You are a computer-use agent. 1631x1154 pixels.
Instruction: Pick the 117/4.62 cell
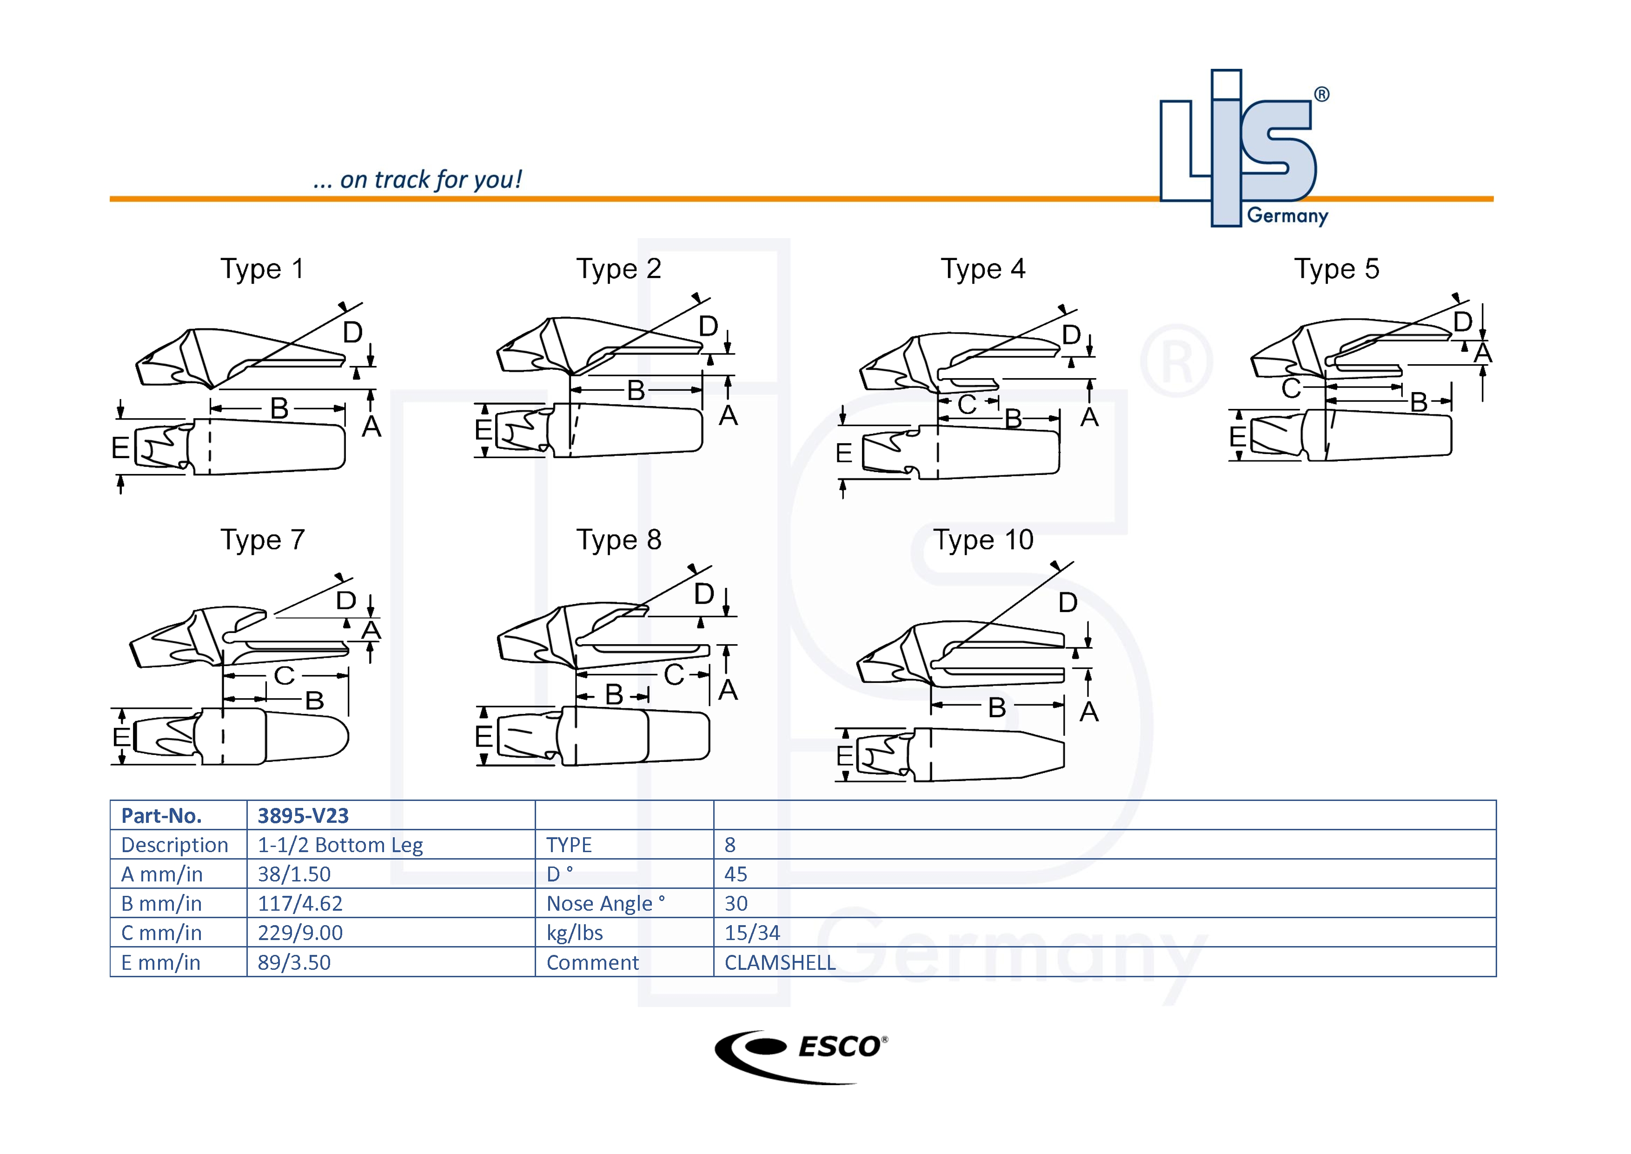click(x=300, y=903)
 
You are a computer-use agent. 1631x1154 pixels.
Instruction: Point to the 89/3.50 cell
click(x=294, y=962)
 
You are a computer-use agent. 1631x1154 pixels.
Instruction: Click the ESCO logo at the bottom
click(x=801, y=1056)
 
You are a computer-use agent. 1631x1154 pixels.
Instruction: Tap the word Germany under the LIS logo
click(x=1287, y=215)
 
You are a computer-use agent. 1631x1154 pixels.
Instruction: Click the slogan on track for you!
click(x=417, y=180)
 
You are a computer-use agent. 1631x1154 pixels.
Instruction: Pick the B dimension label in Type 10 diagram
click(x=997, y=707)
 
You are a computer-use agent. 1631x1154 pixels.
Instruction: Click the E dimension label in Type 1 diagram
click(x=120, y=447)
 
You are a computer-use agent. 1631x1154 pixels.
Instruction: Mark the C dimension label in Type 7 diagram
click(x=284, y=676)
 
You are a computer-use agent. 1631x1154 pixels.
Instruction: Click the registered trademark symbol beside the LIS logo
click(x=1321, y=94)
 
